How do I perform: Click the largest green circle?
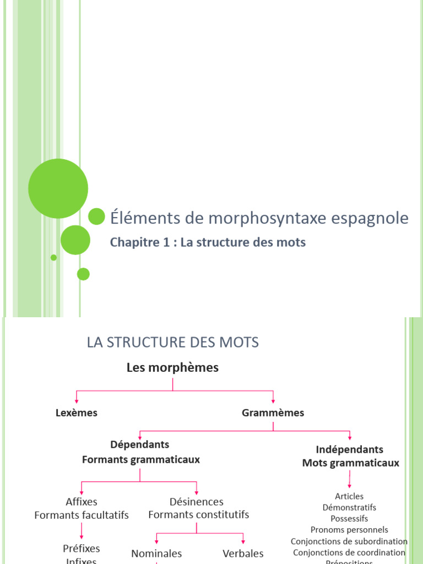(x=58, y=189)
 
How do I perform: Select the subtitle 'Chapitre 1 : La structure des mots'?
(x=208, y=242)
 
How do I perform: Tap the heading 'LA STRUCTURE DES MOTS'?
(x=172, y=342)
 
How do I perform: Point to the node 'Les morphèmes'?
(x=172, y=368)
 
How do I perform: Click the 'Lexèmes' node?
(x=77, y=413)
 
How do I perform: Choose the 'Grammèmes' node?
(x=273, y=413)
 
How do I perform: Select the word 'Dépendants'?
(x=140, y=444)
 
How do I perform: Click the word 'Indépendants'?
(x=350, y=449)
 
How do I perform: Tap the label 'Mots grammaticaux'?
(x=351, y=463)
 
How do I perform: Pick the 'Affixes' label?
(x=82, y=502)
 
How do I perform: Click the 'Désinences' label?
(x=197, y=502)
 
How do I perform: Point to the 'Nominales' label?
(x=156, y=553)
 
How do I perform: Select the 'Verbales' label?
(x=243, y=553)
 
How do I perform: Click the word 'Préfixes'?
(x=82, y=548)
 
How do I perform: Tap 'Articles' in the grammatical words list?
(x=349, y=496)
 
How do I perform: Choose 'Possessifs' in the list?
(x=349, y=518)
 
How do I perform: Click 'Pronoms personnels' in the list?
(x=349, y=530)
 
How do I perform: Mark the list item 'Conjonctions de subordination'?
(x=349, y=541)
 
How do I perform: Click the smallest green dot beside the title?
(x=53, y=257)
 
